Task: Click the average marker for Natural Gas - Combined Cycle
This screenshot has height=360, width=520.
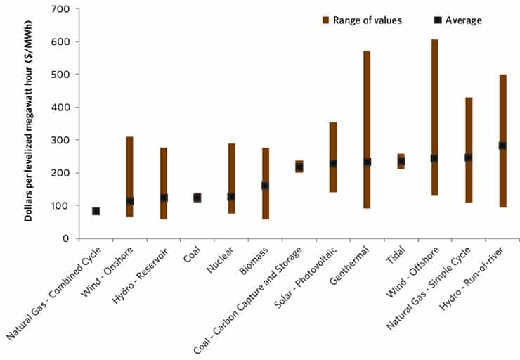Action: [96, 211]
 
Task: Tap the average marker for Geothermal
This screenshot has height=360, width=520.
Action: [367, 162]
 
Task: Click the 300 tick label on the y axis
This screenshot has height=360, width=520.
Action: [63, 140]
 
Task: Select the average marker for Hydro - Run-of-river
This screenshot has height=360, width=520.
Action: [502, 146]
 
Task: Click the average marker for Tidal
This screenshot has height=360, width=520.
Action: [401, 161]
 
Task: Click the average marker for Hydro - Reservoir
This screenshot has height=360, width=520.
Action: [163, 198]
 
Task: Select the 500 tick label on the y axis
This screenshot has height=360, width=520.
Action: [63, 75]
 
